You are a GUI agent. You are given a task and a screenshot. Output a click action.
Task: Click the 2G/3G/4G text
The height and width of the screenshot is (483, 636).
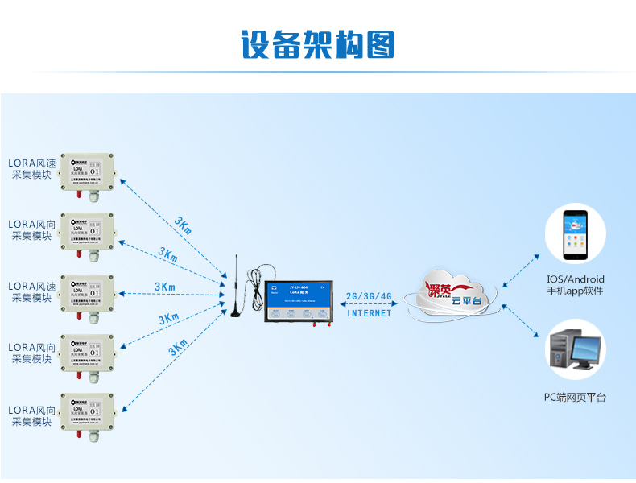click(x=369, y=296)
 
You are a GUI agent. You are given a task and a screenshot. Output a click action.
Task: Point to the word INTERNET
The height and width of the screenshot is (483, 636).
click(x=369, y=313)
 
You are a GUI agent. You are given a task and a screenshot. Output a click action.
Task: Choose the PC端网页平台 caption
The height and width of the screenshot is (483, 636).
click(x=575, y=398)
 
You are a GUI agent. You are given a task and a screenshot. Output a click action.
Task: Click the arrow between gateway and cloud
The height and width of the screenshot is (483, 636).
click(x=369, y=305)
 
